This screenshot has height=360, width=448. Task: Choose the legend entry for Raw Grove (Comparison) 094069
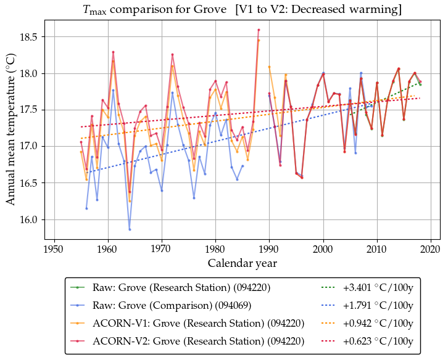point(181,305)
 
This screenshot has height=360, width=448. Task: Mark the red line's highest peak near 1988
point(259,30)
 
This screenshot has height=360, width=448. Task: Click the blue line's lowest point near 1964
point(130,229)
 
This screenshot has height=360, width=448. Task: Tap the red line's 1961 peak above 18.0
point(113,52)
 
